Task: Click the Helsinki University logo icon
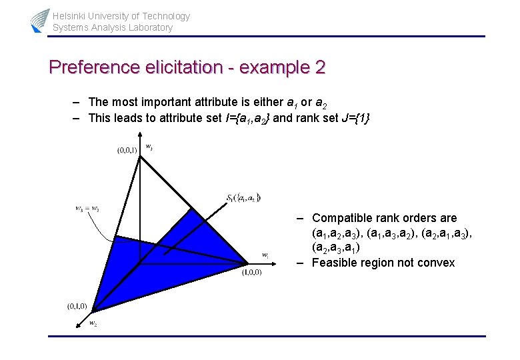tap(40, 21)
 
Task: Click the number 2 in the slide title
tap(319, 67)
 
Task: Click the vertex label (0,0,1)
tap(127, 151)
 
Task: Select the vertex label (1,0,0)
tap(251, 272)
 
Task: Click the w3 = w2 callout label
tap(87, 209)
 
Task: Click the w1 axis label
tap(265, 255)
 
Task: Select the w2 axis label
tap(93, 323)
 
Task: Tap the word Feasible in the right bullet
tap(333, 263)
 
